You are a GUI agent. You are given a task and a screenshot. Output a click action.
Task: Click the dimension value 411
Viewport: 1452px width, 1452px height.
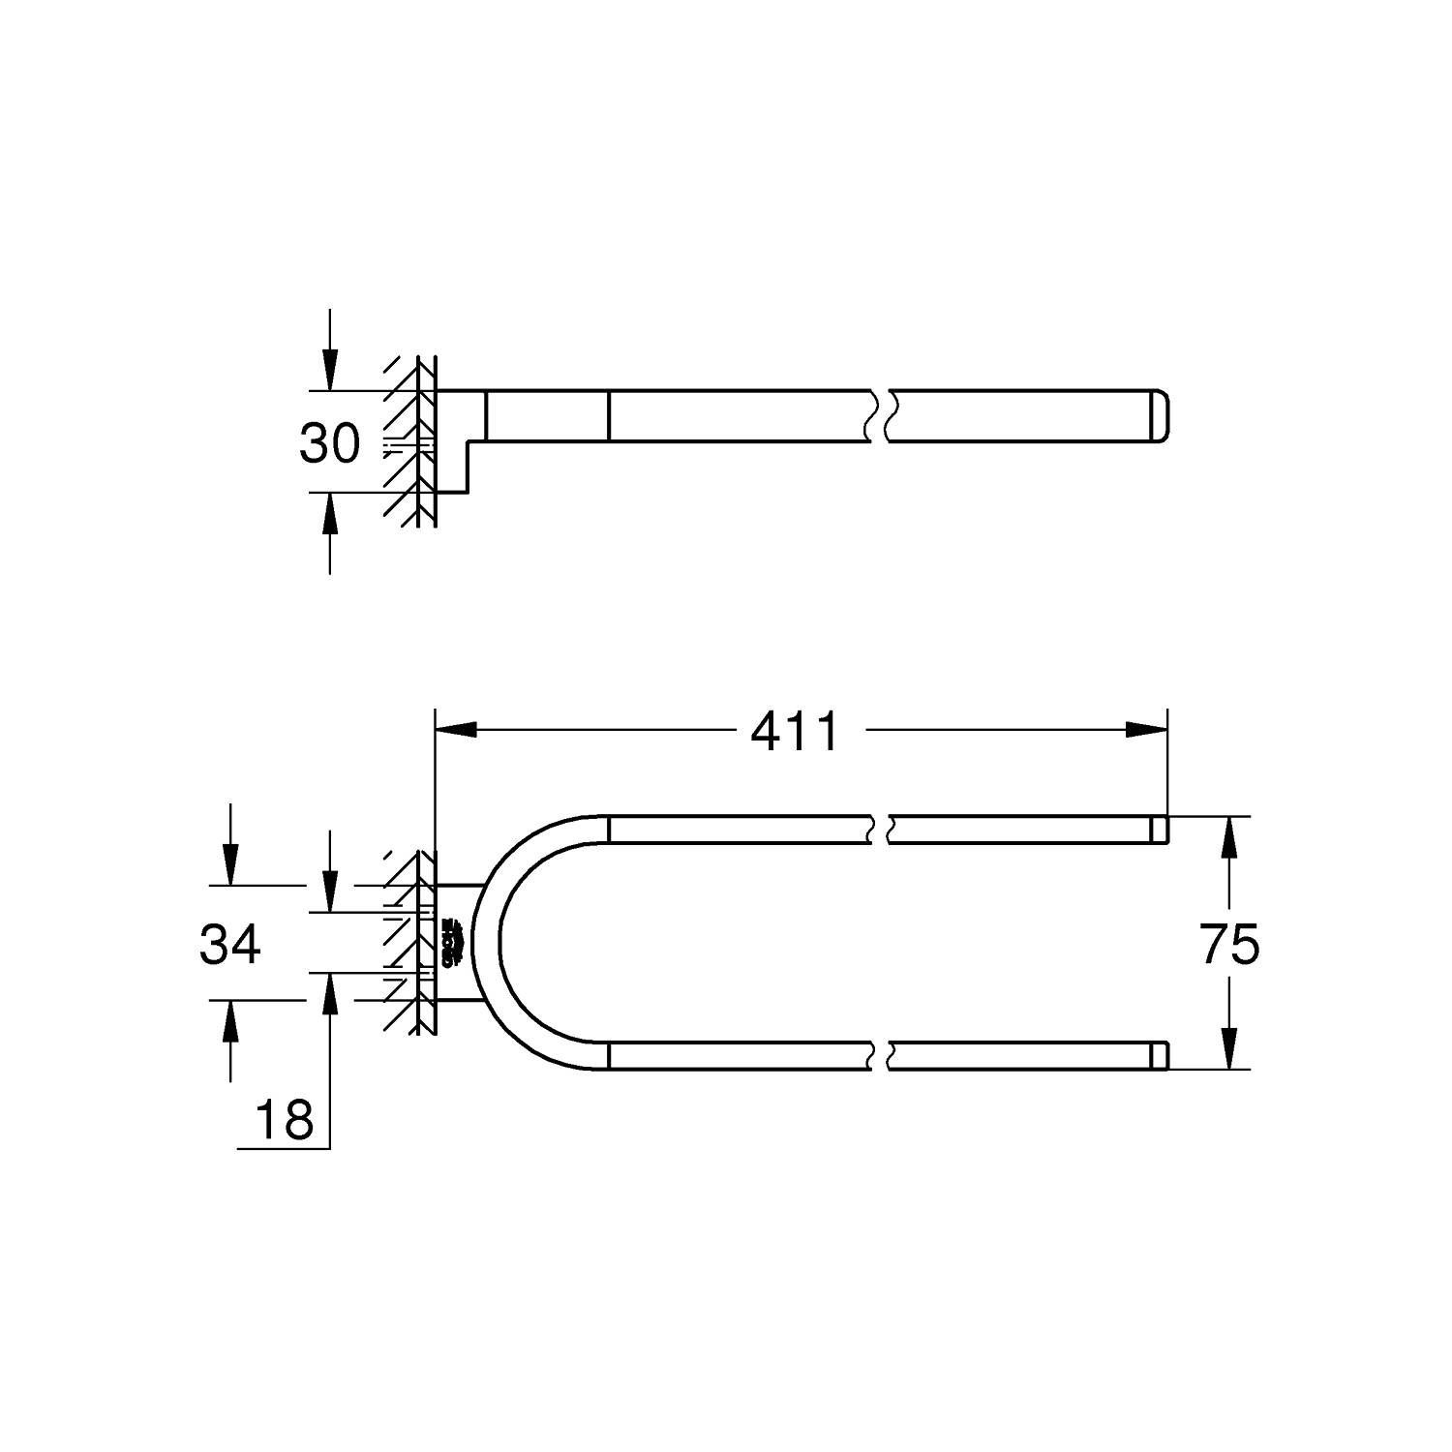(795, 732)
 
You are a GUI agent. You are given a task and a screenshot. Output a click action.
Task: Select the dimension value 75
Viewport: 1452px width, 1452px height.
(1229, 944)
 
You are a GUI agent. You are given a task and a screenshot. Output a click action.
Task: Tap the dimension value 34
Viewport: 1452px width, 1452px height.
(229, 944)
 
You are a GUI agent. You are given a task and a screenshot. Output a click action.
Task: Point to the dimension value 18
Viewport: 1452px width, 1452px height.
(285, 1121)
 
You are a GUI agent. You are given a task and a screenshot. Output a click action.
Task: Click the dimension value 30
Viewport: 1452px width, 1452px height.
(329, 443)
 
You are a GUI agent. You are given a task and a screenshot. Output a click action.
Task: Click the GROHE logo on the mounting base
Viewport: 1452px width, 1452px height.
(450, 943)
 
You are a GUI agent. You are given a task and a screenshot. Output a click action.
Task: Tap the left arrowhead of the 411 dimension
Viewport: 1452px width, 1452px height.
(457, 730)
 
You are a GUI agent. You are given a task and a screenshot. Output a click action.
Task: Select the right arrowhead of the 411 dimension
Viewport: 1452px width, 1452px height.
(1146, 730)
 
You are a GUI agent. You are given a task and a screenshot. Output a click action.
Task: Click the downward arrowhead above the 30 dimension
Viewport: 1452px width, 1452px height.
(330, 372)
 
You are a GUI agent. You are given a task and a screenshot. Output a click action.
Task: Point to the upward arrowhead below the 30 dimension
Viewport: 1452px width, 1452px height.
(330, 512)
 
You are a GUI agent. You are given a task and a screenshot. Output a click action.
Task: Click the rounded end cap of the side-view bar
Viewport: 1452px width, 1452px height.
(1159, 416)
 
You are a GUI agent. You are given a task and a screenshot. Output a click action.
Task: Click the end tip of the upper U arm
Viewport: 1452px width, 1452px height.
(1159, 830)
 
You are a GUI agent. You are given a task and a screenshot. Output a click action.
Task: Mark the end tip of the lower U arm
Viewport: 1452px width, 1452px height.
(1159, 1056)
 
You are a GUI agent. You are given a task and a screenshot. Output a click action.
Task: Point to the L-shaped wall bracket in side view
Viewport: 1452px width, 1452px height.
(455, 440)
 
